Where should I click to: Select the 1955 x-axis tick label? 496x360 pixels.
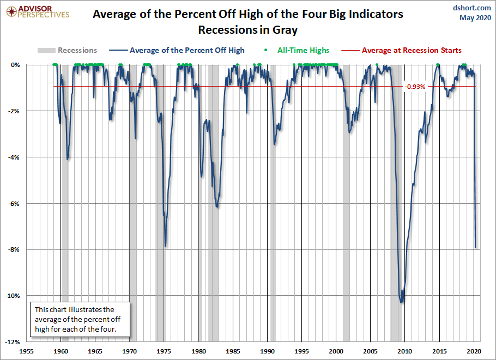click(x=27, y=351)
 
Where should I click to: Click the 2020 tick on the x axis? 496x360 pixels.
click(x=474, y=351)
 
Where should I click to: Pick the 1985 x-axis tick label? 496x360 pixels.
click(x=234, y=351)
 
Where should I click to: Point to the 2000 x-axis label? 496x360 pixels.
click(x=337, y=351)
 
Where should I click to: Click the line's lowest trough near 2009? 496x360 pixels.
click(x=402, y=302)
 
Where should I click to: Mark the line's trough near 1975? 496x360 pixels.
click(x=165, y=246)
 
